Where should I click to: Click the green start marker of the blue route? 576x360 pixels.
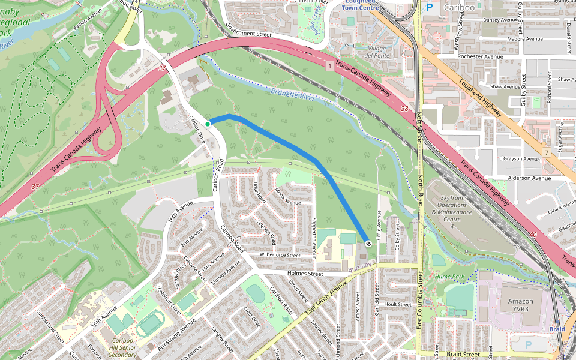click(208, 124)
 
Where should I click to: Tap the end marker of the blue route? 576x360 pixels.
click(367, 244)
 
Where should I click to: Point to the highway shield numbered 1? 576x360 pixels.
click(329, 65)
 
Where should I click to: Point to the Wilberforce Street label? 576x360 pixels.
click(279, 255)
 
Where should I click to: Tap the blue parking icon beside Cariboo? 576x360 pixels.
click(429, 7)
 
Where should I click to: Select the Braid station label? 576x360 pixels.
click(557, 329)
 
